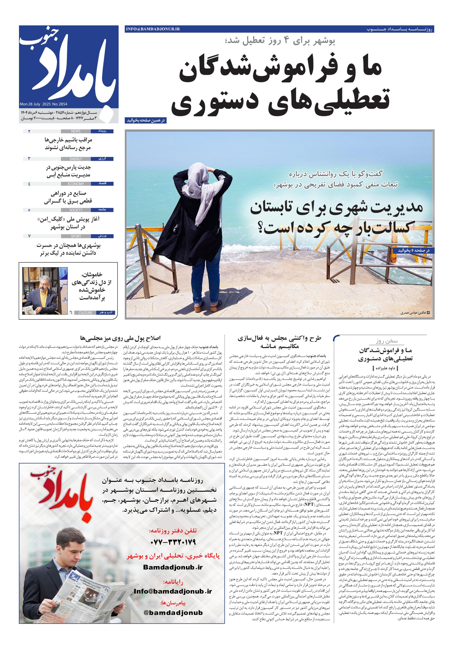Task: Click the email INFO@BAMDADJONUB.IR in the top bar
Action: [153, 29]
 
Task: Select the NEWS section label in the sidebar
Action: [76, 131]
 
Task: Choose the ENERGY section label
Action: [76, 159]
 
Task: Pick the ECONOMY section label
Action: [76, 184]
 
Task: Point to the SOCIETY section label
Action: [76, 210]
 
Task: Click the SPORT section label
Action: [76, 236]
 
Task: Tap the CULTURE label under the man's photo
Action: [85, 313]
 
